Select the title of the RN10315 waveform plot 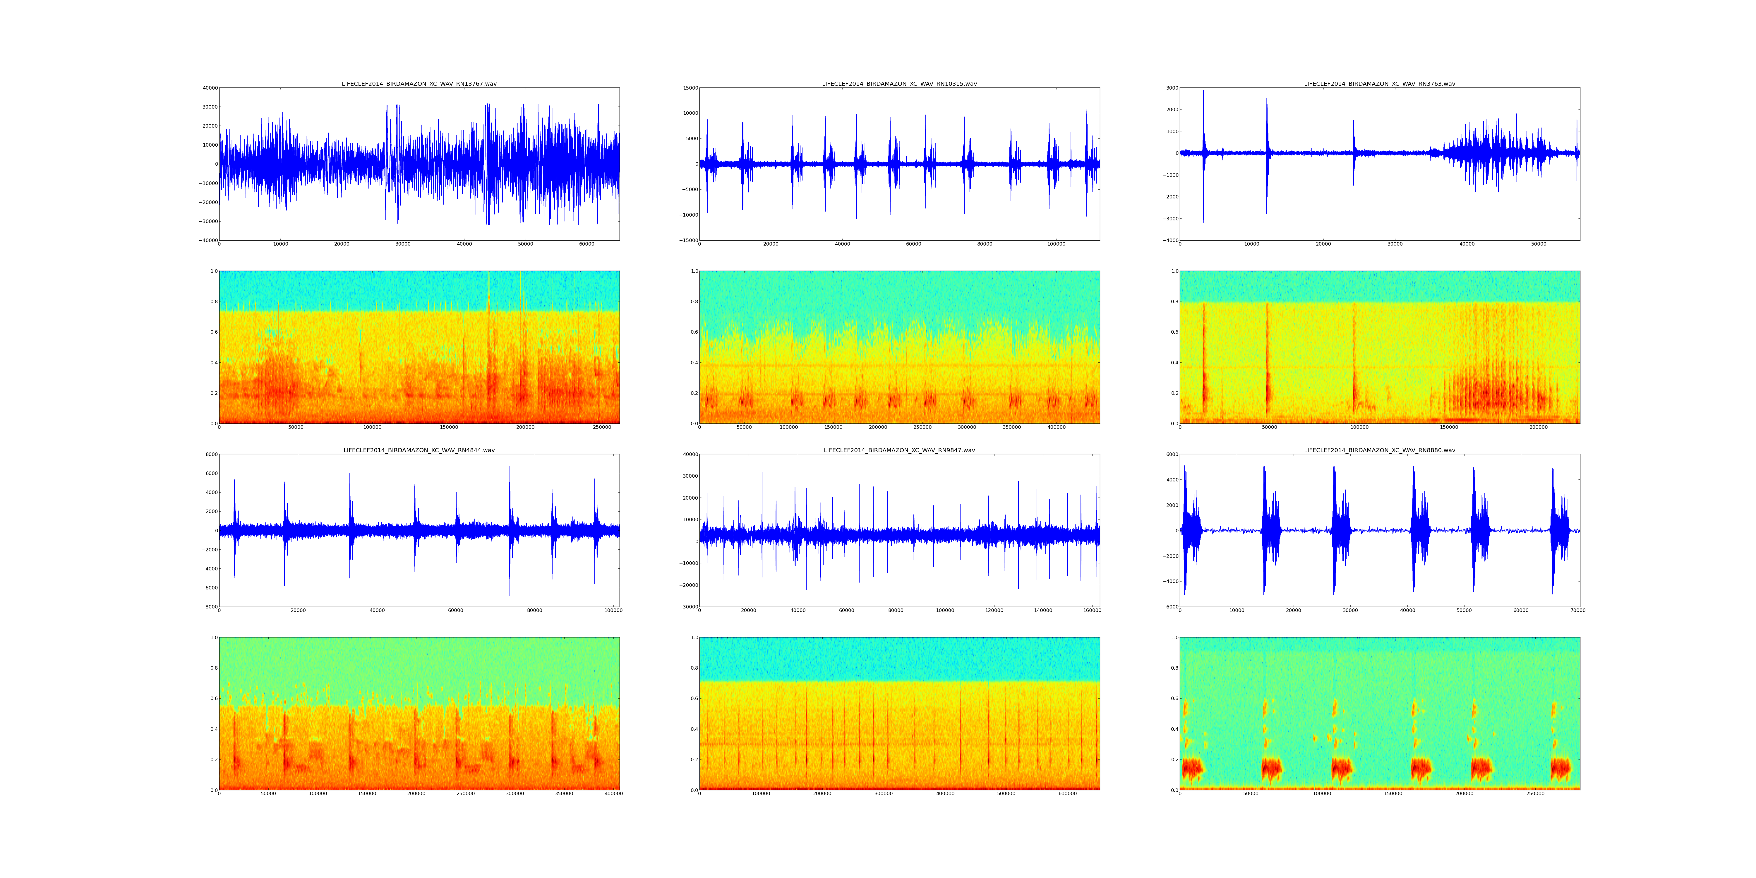pyautogui.click(x=899, y=84)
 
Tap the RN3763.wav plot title pyautogui.click(x=1379, y=84)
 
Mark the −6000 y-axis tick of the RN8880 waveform pyautogui.click(x=1168, y=607)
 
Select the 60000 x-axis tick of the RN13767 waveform pyautogui.click(x=586, y=244)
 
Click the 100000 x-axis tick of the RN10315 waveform pyautogui.click(x=1056, y=244)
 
